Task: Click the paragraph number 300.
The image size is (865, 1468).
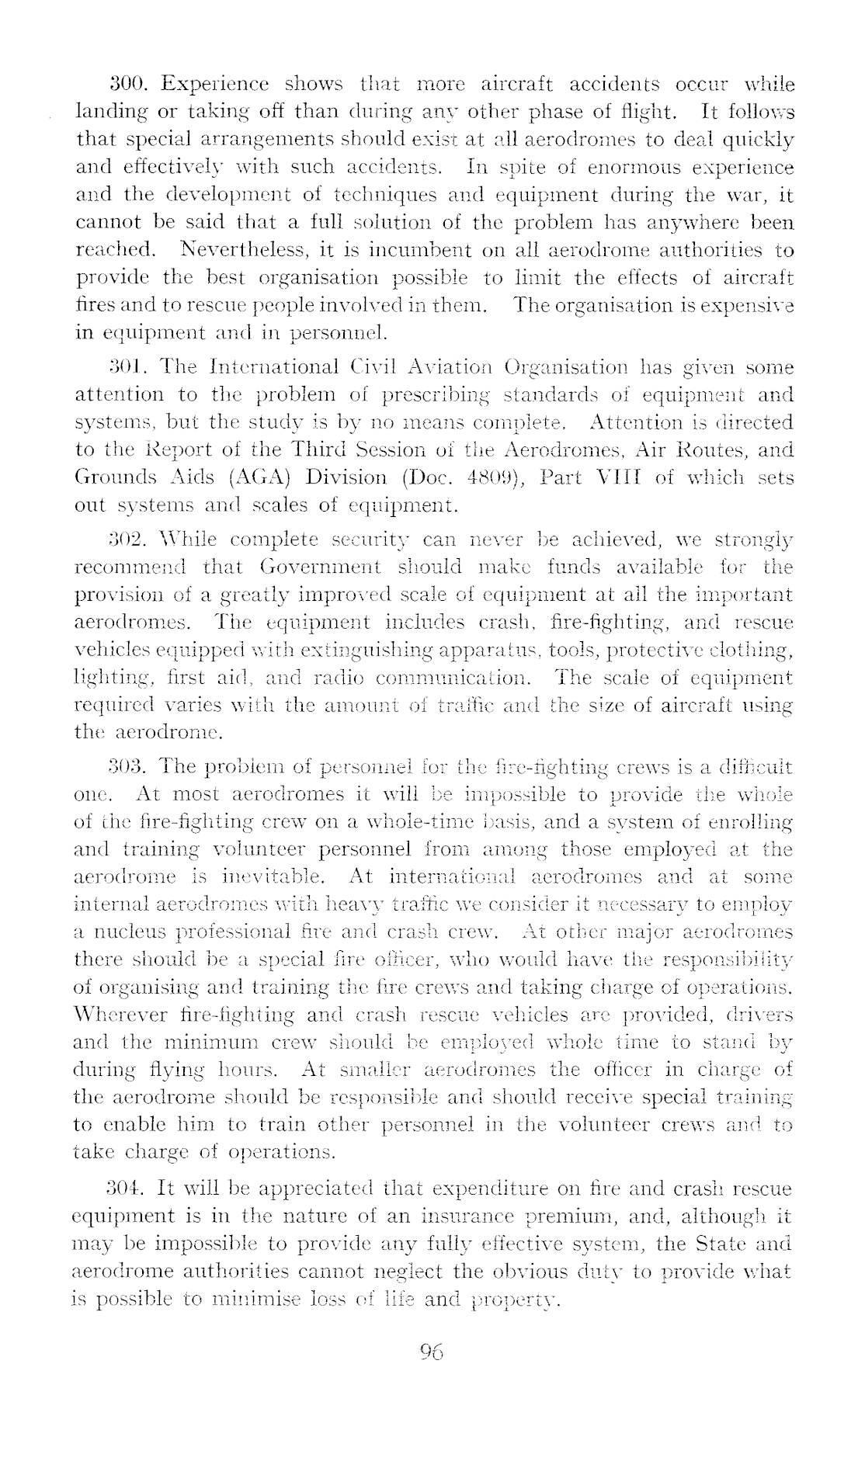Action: (124, 85)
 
